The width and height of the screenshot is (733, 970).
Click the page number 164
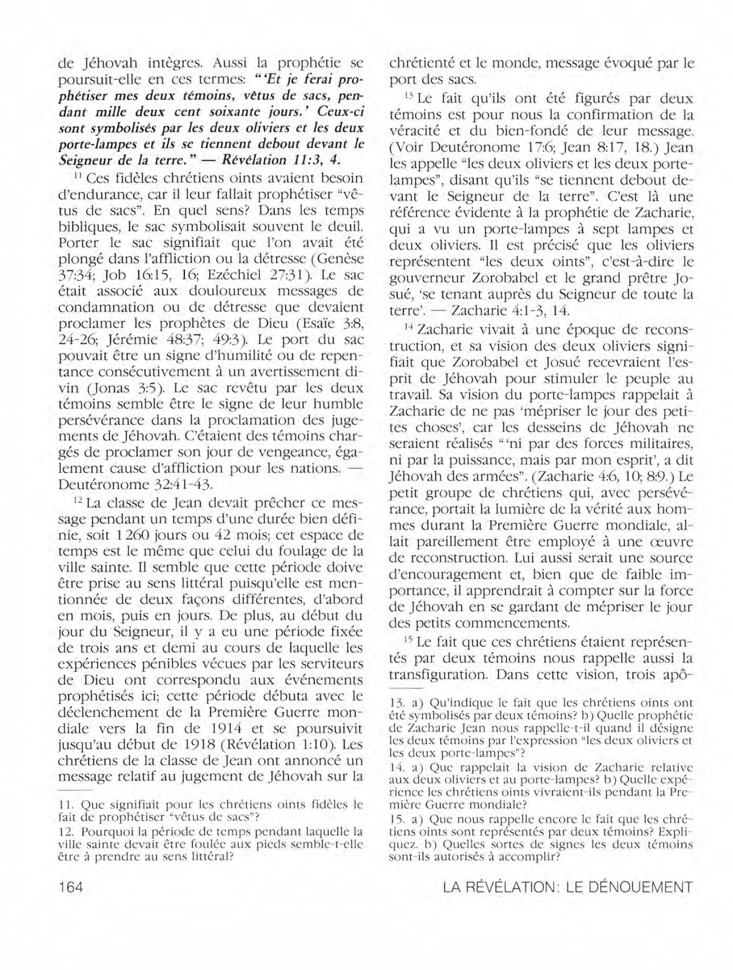click(x=71, y=887)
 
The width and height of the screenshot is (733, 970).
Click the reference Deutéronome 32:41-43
click(x=136, y=484)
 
